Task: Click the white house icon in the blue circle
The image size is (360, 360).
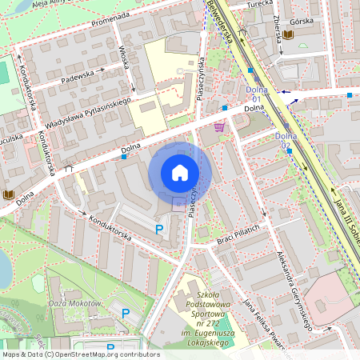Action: (180, 173)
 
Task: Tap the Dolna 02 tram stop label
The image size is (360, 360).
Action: (286, 140)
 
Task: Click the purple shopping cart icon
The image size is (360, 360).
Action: (219, 127)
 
